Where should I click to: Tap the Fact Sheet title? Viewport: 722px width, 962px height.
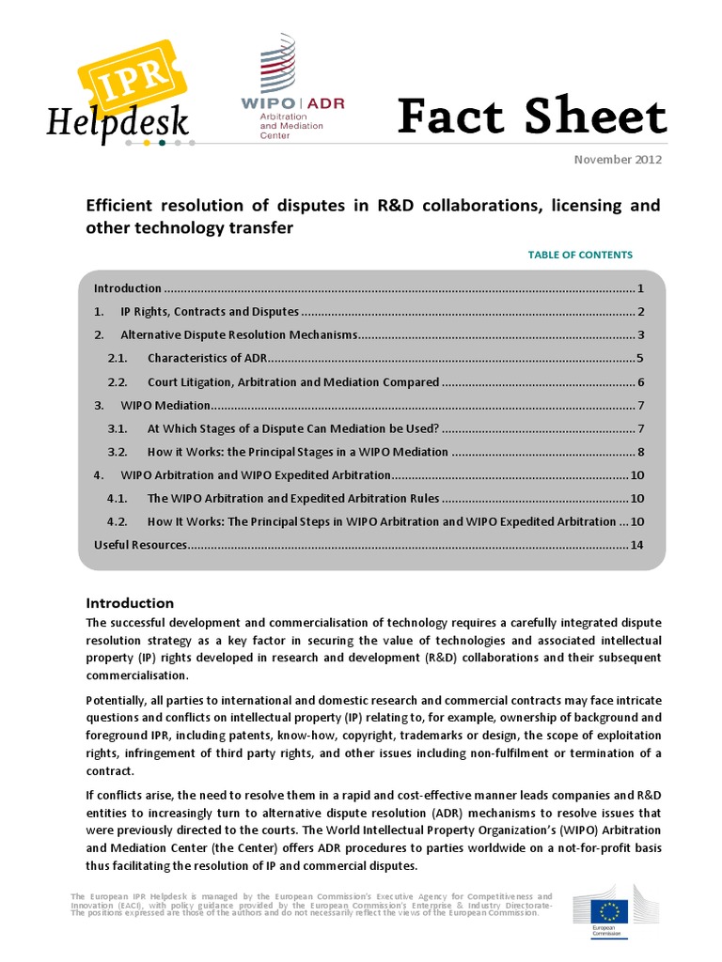click(531, 117)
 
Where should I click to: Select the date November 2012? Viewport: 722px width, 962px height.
click(618, 159)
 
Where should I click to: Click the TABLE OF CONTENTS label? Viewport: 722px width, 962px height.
click(580, 255)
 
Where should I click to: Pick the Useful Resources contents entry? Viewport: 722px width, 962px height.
click(141, 545)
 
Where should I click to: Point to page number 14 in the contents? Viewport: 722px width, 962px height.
click(636, 545)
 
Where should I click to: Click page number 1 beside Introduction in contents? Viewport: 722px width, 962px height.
click(639, 288)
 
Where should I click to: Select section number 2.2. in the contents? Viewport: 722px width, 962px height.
click(118, 381)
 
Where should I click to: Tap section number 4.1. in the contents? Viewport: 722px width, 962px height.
click(118, 498)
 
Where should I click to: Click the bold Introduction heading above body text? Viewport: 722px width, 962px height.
click(130, 603)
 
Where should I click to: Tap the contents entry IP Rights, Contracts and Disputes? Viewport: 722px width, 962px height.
click(210, 312)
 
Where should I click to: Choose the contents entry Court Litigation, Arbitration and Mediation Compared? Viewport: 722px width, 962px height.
click(293, 381)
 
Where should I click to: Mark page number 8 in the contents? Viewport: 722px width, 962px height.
click(639, 452)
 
